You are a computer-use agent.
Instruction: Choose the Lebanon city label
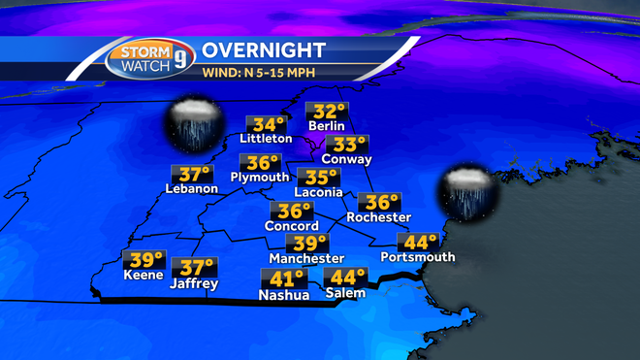click(x=191, y=188)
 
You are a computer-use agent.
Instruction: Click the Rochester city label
click(x=381, y=216)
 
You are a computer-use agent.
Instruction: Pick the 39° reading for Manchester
click(x=309, y=244)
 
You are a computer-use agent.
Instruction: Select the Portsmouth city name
click(x=419, y=258)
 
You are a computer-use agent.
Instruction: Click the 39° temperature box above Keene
click(x=145, y=260)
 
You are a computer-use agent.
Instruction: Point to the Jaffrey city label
click(x=194, y=284)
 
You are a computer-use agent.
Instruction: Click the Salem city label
click(x=345, y=294)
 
